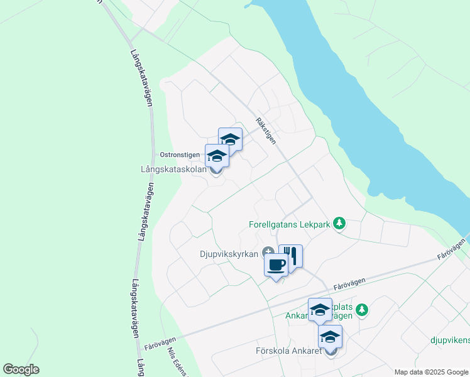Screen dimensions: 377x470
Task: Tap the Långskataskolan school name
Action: click(174, 169)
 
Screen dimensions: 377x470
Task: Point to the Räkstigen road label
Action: click(266, 131)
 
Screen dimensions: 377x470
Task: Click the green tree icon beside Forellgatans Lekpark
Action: click(339, 222)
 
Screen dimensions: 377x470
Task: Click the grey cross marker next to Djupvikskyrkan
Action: click(268, 252)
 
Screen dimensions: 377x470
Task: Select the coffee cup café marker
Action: click(275, 265)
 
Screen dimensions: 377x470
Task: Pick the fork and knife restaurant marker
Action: click(290, 256)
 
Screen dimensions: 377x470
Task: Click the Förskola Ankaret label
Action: click(288, 351)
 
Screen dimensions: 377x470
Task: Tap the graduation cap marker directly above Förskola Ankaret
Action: click(331, 337)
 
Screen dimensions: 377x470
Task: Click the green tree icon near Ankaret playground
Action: click(361, 309)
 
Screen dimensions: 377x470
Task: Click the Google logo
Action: click(21, 369)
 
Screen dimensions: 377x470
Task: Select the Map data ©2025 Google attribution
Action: click(430, 372)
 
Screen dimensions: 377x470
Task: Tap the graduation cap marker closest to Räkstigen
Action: click(231, 140)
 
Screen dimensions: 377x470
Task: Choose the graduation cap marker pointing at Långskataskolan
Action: click(217, 156)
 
